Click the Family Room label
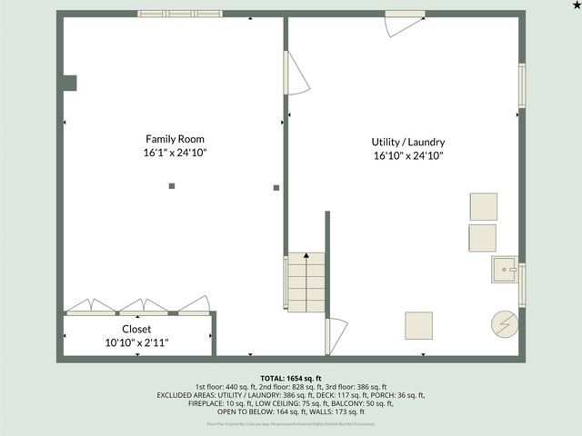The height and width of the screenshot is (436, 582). [x=168, y=139]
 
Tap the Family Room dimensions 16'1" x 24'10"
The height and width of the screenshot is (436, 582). [x=168, y=154]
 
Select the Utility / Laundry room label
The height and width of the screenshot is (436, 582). [x=407, y=143]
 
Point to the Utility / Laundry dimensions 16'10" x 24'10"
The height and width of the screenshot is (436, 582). [x=407, y=156]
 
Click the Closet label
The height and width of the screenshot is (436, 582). [x=136, y=329]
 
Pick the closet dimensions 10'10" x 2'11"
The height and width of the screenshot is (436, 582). [x=136, y=342]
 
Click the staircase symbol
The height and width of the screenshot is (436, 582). [x=306, y=282]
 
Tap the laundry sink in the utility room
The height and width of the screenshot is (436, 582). [x=504, y=270]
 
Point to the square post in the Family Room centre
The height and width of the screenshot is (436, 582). [x=171, y=186]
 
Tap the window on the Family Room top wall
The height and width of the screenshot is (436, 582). [x=180, y=14]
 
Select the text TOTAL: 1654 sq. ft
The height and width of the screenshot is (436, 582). [x=291, y=378]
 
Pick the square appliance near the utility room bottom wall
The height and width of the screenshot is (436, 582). [x=418, y=325]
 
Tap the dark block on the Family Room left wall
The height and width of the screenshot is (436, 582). [x=68, y=84]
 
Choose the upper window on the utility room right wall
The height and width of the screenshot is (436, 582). [x=522, y=84]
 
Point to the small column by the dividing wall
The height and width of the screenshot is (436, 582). [x=276, y=188]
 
